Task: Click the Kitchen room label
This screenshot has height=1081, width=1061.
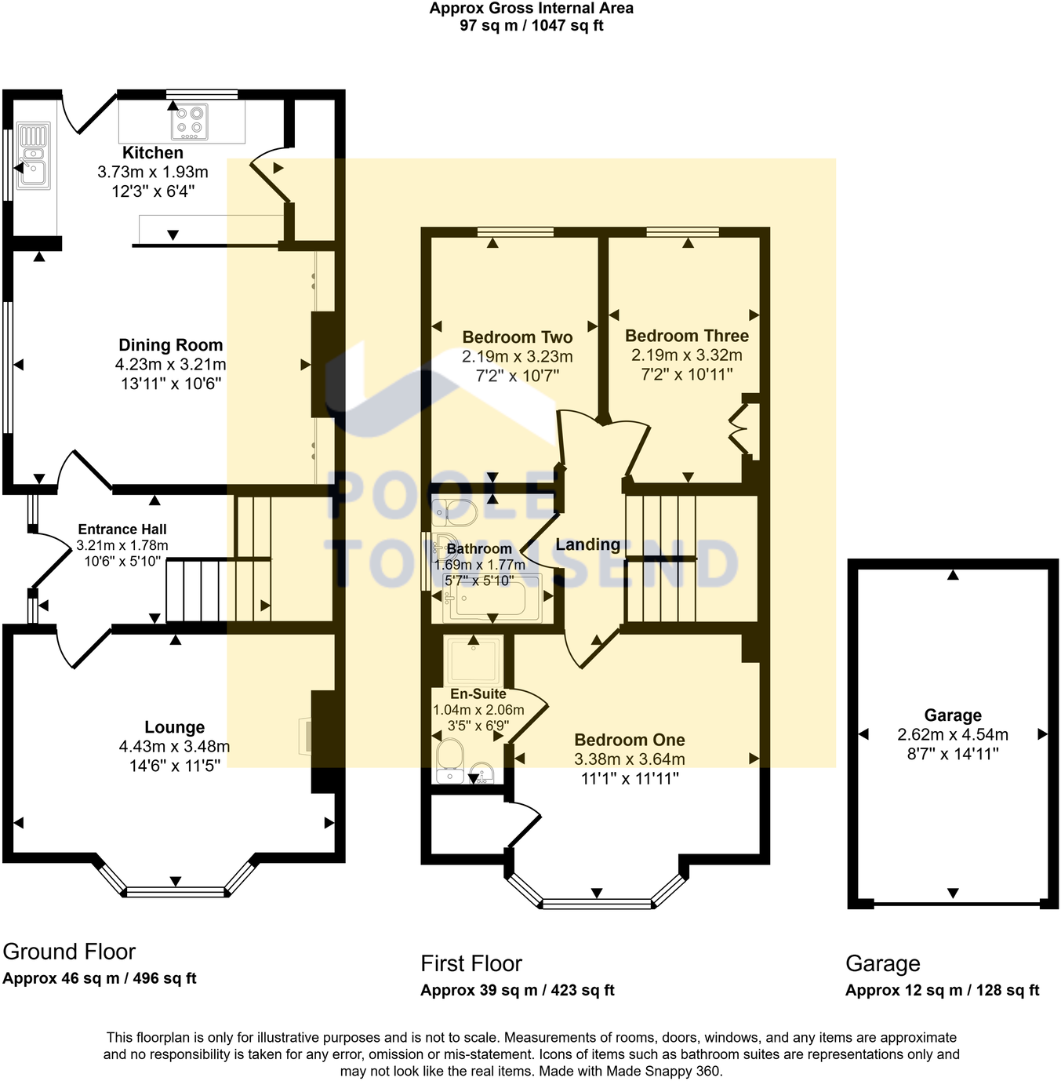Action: click(x=153, y=153)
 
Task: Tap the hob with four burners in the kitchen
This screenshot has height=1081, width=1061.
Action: click(x=189, y=121)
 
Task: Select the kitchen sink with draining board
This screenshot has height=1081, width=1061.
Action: click(x=33, y=156)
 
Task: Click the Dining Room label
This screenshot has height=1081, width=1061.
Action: click(x=170, y=345)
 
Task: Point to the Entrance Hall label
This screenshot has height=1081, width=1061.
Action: click(x=122, y=530)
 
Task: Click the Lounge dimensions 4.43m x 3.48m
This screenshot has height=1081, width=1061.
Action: click(x=174, y=747)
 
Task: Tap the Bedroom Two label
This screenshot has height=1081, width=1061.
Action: click(x=517, y=337)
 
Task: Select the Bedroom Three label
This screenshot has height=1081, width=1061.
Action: click(x=686, y=336)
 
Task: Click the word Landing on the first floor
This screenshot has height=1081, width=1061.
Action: click(x=587, y=544)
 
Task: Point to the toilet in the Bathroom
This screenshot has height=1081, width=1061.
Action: click(x=454, y=512)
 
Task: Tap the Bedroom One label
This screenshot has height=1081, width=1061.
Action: click(x=629, y=740)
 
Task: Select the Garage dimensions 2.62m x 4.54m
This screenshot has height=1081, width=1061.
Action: click(x=953, y=735)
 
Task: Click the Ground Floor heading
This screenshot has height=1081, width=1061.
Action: click(x=69, y=952)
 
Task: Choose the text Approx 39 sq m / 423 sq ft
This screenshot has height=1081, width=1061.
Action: click(x=517, y=990)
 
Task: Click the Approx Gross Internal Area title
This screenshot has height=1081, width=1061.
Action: click(x=531, y=9)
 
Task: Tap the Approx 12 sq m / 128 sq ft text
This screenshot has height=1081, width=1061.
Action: click(x=942, y=990)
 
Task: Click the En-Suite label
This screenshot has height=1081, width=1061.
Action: click(x=478, y=694)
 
